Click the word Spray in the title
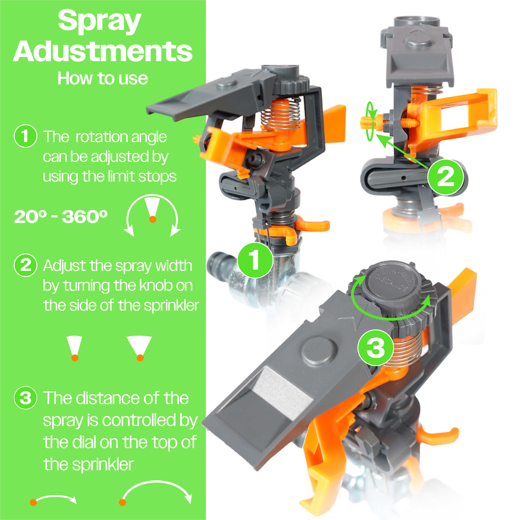pyautogui.click(x=100, y=22)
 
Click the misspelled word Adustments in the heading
pyautogui.click(x=103, y=51)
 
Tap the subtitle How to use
pyautogui.click(x=103, y=78)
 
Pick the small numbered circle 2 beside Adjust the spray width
pyautogui.click(x=25, y=265)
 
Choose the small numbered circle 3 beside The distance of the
pyautogui.click(x=25, y=398)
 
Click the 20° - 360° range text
pyautogui.click(x=61, y=217)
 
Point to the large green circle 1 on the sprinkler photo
pyautogui.click(x=255, y=260)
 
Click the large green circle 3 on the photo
pyautogui.click(x=376, y=347)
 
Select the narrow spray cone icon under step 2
pyautogui.click(x=75, y=348)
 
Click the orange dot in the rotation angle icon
pyautogui.click(x=153, y=219)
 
